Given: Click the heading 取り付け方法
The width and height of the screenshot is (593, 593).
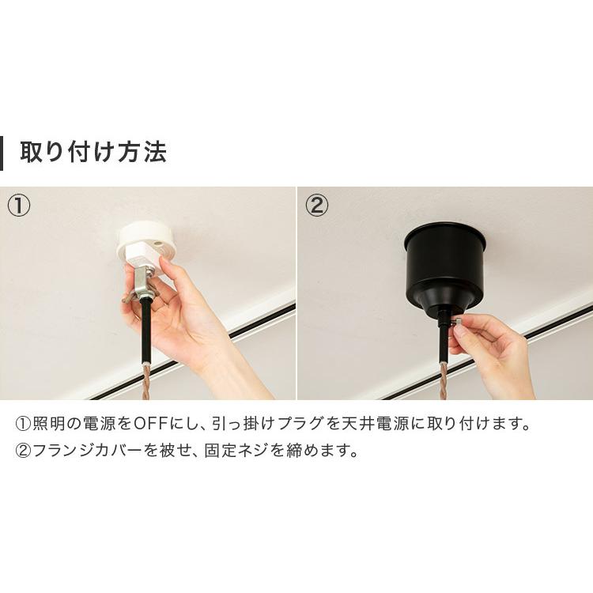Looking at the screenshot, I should pyautogui.click(x=93, y=152).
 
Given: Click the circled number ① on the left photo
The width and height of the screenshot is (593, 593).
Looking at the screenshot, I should pyautogui.click(x=19, y=206).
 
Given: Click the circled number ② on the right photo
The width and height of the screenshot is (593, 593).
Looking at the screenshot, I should pyautogui.click(x=316, y=206).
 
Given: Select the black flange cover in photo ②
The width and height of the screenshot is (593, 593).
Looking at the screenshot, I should pyautogui.click(x=444, y=264).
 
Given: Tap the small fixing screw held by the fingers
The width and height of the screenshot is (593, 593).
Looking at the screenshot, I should pyautogui.click(x=457, y=323).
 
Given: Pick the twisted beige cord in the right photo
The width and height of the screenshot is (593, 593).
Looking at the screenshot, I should pyautogui.click(x=444, y=380).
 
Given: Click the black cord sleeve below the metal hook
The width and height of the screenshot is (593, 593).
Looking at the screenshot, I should pyautogui.click(x=147, y=328).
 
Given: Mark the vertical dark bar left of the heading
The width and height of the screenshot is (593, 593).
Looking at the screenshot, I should pyautogui.click(x=2, y=152).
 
